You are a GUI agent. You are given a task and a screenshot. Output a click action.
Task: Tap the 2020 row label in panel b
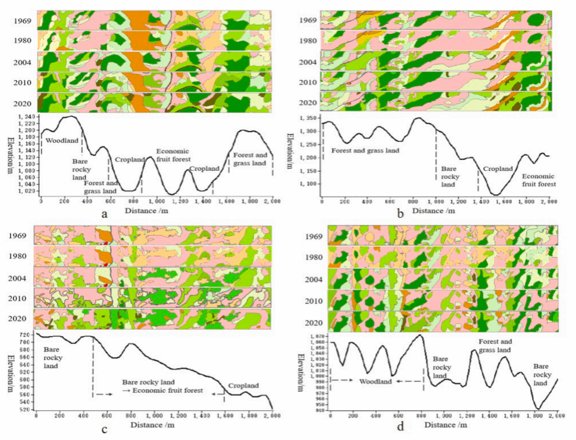(x=308, y=103)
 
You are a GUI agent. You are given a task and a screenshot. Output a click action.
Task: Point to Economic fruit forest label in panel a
(x=173, y=154)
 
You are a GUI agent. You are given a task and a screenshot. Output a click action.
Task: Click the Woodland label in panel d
(x=376, y=382)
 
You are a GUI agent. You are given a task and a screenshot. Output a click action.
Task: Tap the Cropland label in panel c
(x=243, y=386)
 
